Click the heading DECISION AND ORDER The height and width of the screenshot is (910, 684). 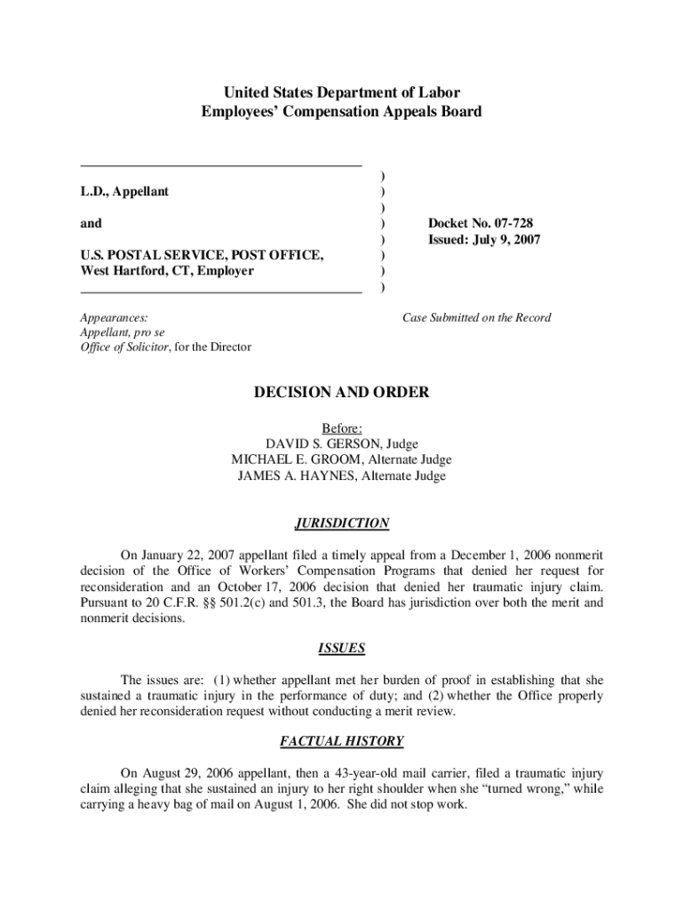click(342, 392)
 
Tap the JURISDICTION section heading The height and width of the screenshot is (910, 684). click(342, 523)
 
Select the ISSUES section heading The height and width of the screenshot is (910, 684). click(342, 648)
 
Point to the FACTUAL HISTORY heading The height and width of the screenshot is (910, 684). click(342, 741)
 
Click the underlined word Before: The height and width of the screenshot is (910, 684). click(342, 427)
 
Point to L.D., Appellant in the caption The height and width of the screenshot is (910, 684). click(124, 192)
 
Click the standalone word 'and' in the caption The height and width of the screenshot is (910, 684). click(91, 224)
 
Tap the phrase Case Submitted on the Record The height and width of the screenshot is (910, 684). click(476, 317)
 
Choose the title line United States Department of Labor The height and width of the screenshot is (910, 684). click(342, 92)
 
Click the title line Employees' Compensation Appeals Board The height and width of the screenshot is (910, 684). click(342, 112)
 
